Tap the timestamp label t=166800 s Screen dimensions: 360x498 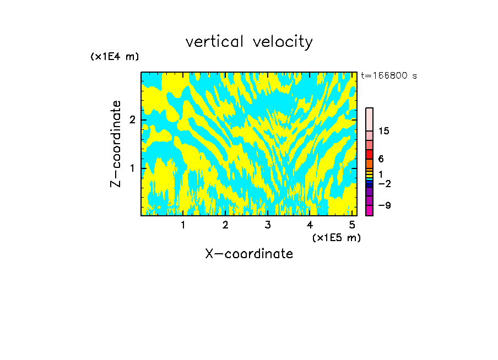point(388,75)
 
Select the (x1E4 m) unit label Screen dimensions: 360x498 point(115,57)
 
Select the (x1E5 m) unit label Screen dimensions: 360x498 point(336,237)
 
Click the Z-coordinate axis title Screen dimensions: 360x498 point(116,144)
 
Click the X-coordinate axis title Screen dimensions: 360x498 point(249,254)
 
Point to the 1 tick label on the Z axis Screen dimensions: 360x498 point(132,168)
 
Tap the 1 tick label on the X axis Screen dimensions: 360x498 point(183,225)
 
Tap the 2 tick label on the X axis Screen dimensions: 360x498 point(225,225)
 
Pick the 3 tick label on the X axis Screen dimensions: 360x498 point(267,225)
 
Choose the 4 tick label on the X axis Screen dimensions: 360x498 point(310,225)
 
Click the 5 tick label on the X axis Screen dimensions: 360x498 point(351,225)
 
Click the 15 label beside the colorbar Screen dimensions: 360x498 point(384,131)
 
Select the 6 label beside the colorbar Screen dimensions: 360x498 point(381,159)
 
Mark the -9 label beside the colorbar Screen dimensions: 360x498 point(384,205)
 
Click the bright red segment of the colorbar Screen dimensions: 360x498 point(369,154)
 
